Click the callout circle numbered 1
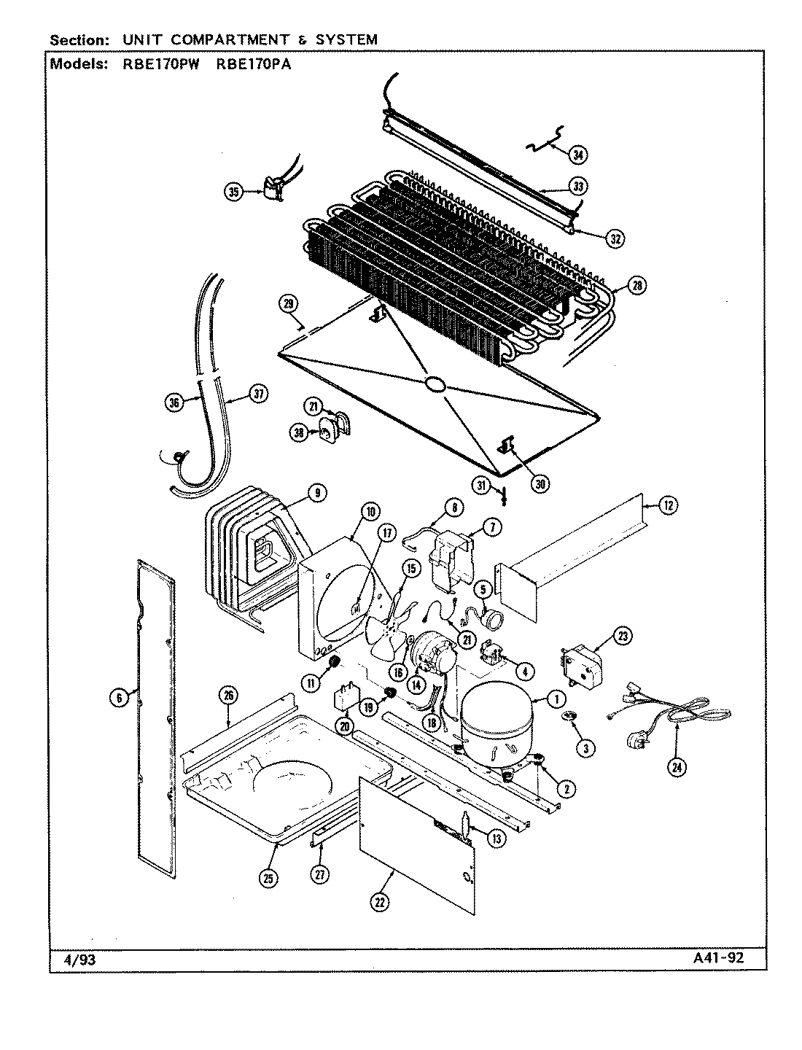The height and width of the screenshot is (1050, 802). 556,699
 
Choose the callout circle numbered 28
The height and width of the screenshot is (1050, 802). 637,286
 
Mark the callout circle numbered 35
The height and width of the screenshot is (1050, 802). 234,192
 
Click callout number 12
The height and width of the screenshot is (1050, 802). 669,505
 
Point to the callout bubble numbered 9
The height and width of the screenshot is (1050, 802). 316,494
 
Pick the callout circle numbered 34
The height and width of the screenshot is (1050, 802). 578,155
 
